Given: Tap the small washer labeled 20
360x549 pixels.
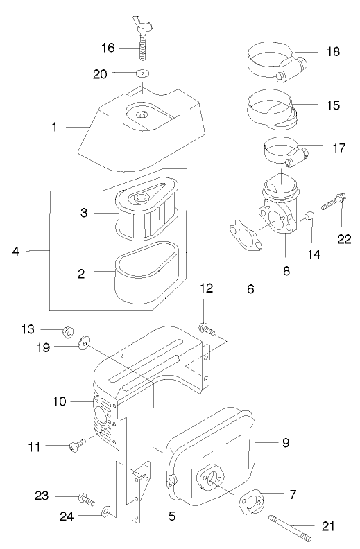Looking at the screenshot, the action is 142,73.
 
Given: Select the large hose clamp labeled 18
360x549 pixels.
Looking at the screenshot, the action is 277,62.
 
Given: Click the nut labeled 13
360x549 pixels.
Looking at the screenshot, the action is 68,330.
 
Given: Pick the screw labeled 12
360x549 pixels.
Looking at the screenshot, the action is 207,329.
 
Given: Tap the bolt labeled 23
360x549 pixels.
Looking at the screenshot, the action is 87,498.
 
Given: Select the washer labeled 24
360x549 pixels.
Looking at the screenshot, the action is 105,512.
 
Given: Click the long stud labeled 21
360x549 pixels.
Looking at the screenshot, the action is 289,528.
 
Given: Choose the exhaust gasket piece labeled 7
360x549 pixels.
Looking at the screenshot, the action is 250,502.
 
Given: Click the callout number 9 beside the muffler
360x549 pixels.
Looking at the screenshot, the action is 286,442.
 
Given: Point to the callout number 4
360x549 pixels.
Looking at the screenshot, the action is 16,251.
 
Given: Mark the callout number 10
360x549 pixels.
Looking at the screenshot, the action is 60,401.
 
